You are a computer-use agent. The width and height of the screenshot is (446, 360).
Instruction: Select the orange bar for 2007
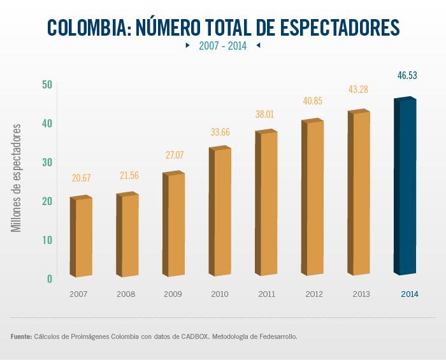pos(82,237)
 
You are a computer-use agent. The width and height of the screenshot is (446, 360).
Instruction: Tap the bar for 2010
pos(220,212)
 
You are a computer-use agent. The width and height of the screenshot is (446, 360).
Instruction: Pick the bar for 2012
pos(313,198)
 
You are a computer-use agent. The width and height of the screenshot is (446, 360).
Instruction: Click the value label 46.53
pos(407,75)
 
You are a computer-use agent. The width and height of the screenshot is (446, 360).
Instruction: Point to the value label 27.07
pos(174,155)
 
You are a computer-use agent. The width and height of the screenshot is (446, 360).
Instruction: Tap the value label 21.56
pos(127,175)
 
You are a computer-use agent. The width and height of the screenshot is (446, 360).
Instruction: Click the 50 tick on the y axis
pos(47,84)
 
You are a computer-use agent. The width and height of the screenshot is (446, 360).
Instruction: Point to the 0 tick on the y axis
pos(49,278)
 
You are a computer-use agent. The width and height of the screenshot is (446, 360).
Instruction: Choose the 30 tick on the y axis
pos(47,162)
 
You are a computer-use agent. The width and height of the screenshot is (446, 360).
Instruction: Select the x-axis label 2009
pos(173,294)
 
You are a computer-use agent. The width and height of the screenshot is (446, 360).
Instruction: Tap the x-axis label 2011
pos(266,294)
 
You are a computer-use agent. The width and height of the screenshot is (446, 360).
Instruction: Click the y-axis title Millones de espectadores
pos(17,178)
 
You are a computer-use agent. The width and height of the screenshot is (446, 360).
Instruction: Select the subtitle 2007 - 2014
pos(222,46)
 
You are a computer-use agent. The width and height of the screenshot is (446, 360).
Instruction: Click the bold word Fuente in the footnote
pos(21,336)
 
